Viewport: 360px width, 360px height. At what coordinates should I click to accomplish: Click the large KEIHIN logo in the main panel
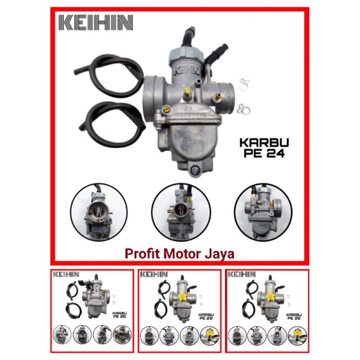click(95, 23)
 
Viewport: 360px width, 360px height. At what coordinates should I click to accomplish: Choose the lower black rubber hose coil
click(113, 121)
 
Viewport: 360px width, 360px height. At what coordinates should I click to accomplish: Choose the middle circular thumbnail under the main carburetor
click(179, 211)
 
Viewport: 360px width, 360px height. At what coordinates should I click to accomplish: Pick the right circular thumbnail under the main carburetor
click(262, 211)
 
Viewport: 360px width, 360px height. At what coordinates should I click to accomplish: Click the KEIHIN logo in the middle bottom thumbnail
click(154, 275)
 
